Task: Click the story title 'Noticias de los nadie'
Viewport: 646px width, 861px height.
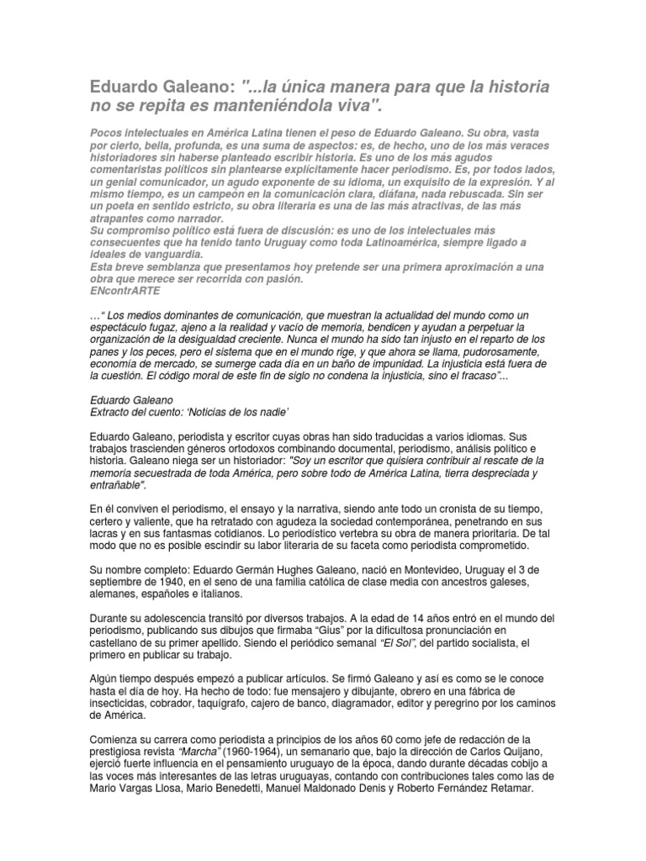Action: [x=234, y=412]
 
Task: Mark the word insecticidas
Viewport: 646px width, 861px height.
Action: [x=121, y=706]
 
